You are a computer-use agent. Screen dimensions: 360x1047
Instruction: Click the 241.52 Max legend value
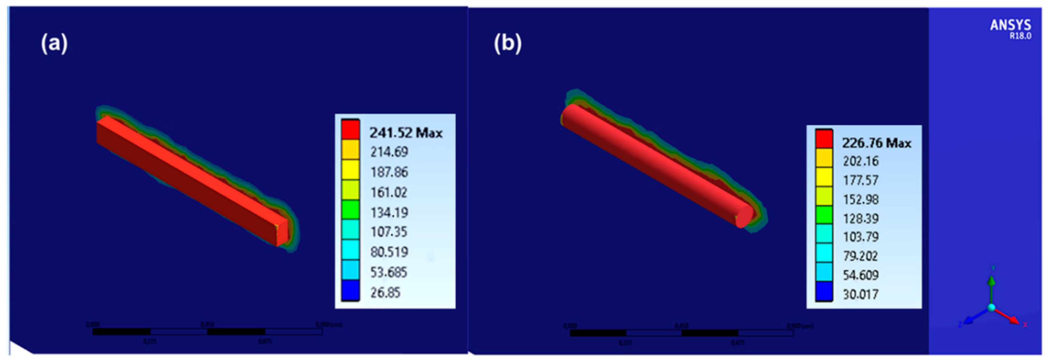pos(406,133)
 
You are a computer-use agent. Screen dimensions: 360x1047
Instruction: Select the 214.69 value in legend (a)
pos(389,152)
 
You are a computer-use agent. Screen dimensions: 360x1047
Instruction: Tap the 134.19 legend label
pos(389,212)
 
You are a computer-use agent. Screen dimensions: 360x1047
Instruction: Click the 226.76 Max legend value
pos(876,143)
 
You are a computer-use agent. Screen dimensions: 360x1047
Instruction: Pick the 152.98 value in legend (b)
pos(860,200)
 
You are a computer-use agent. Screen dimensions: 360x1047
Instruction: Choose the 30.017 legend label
pos(860,294)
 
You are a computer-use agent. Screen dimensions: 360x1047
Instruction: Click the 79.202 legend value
pos(860,256)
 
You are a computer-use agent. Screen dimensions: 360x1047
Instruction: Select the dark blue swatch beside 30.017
pos(824,291)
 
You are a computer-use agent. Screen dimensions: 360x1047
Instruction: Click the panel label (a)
pos(54,43)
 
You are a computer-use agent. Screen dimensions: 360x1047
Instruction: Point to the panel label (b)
pos(507,43)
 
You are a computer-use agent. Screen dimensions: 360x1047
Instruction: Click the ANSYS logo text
pos(1010,25)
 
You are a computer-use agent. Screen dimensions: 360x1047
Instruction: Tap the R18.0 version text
pos(1020,36)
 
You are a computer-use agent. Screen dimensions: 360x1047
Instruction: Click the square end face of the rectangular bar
pos(283,233)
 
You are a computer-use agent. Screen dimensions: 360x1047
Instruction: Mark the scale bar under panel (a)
pos(207,332)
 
